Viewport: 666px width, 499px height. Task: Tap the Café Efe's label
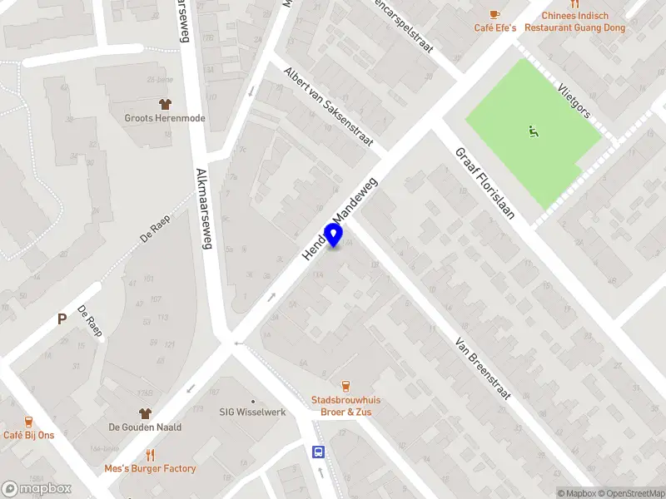[x=495, y=27]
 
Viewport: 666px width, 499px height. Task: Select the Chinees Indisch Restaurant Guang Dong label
[x=574, y=22]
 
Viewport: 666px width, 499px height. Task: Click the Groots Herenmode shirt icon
[x=165, y=104]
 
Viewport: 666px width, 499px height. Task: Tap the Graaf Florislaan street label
[x=484, y=183]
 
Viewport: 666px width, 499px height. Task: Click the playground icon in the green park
[x=532, y=131]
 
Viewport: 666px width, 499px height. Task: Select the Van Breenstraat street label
[x=483, y=368]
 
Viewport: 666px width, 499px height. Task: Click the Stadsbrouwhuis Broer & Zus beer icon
[x=345, y=385]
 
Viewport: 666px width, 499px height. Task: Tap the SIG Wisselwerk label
[x=252, y=411]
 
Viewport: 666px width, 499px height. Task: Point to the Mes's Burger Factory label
[x=150, y=468]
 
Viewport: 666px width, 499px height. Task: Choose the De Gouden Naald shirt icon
[x=145, y=413]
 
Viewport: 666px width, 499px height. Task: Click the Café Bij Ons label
[x=28, y=435]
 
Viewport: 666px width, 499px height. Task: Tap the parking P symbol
[x=61, y=319]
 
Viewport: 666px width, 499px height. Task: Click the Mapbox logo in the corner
[x=37, y=489]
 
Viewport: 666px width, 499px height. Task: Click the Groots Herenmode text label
[x=165, y=118]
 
